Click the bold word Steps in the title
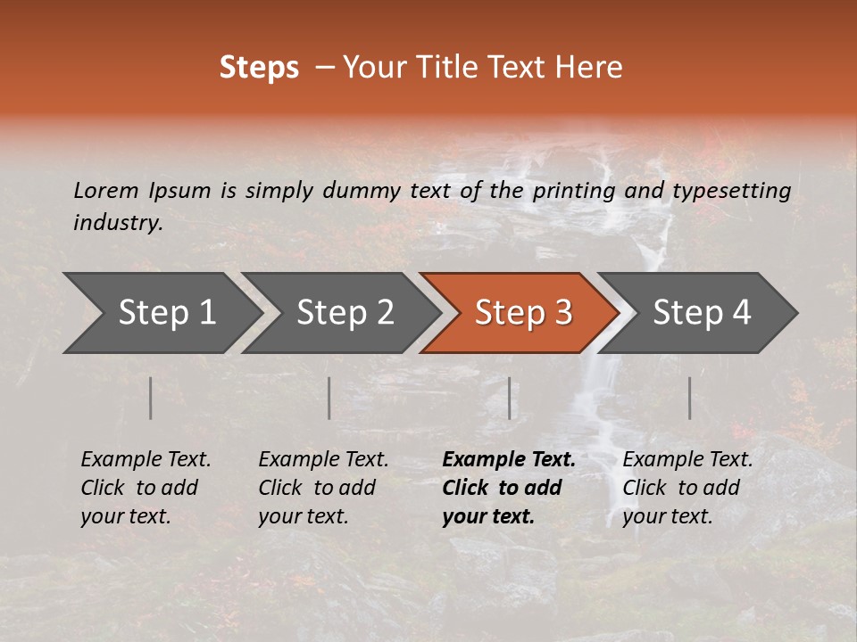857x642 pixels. coord(259,68)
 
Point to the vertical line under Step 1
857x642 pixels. coord(151,398)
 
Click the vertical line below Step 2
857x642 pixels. coord(329,398)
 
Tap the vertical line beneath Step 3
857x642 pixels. coord(510,398)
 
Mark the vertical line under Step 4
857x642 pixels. coord(690,398)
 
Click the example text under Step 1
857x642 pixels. coord(146,488)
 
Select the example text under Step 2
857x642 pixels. coord(323,488)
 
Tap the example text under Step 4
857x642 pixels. coord(687,488)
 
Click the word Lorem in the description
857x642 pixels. coord(106,191)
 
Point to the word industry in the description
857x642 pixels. coord(118,223)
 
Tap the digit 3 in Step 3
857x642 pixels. coord(562,313)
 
